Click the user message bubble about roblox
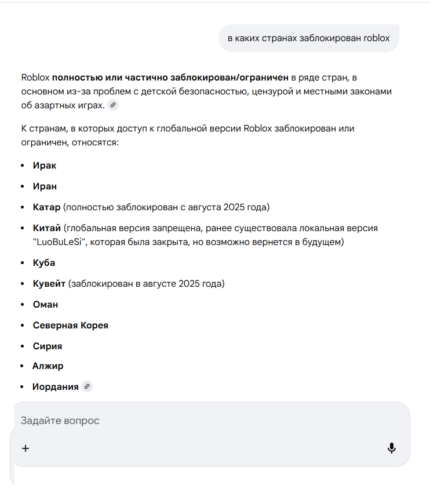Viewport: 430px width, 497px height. point(308,38)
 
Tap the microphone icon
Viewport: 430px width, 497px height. point(392,448)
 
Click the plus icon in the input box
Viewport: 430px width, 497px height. point(25,448)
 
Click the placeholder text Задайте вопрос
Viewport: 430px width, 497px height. point(60,421)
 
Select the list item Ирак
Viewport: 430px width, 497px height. point(45,166)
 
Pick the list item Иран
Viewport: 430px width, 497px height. point(45,187)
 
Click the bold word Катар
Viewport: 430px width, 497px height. point(47,207)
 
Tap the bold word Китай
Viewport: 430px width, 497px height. point(47,228)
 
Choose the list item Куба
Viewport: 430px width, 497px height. point(44,263)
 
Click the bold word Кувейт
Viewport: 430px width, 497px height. point(49,284)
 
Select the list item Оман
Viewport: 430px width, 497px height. point(45,305)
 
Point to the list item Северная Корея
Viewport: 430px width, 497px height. point(70,326)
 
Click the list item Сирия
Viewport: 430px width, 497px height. point(48,346)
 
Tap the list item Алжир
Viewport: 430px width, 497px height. point(48,366)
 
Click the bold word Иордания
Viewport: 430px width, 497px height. point(56,386)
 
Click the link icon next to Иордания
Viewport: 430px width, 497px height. point(87,386)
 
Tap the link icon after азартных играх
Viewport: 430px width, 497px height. point(113,105)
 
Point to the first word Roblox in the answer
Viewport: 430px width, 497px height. point(35,77)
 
